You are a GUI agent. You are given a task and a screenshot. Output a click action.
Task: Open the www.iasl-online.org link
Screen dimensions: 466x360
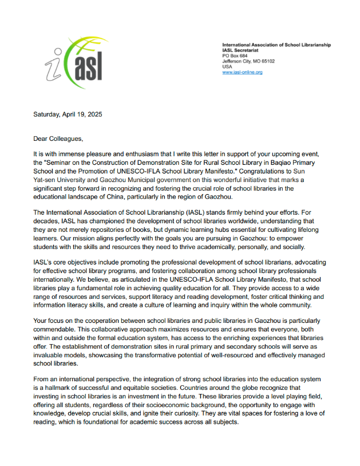click(x=242, y=72)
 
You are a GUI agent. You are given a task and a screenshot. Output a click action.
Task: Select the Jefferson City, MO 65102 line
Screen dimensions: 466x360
click(x=248, y=61)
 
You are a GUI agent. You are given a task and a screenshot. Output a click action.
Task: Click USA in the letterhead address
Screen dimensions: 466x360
click(x=227, y=66)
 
